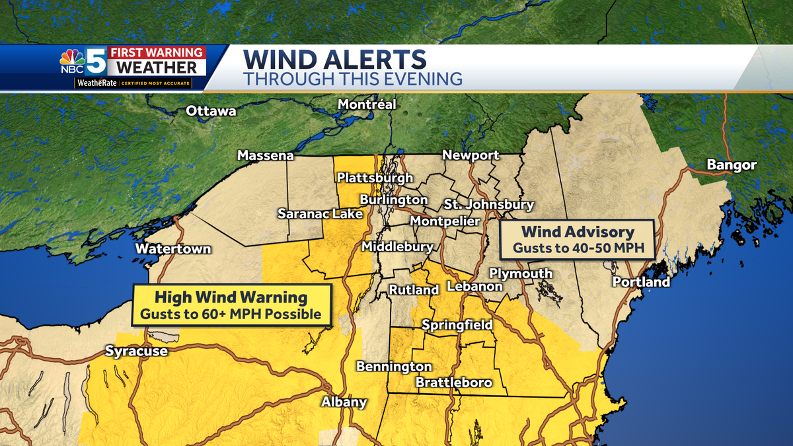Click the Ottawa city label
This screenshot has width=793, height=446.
click(211, 111)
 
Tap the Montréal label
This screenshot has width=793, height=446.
click(367, 104)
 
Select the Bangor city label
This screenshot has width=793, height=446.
click(731, 165)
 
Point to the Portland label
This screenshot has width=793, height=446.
click(641, 282)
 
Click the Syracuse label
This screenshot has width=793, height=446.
click(137, 352)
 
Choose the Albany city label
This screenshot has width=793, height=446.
click(344, 402)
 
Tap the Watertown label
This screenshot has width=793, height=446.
click(173, 249)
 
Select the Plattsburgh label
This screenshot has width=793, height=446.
click(375, 178)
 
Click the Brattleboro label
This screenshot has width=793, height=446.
click(453, 383)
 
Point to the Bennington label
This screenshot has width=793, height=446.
click(394, 367)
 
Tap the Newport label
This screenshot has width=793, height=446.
click(471, 155)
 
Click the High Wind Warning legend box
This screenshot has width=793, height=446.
click(231, 305)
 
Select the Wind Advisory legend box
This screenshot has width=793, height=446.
click(578, 241)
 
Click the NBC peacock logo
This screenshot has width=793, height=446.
click(72, 57)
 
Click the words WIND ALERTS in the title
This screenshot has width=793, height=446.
click(334, 59)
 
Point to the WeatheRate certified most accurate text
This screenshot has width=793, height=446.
click(133, 84)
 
